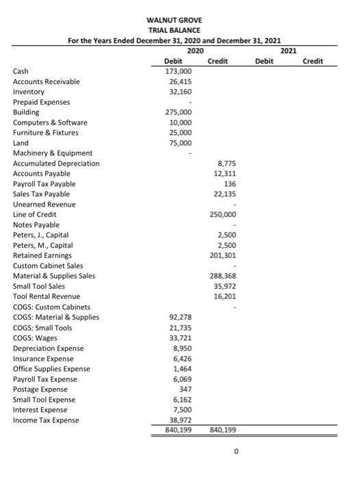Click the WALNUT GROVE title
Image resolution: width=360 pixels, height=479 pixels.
tap(179, 21)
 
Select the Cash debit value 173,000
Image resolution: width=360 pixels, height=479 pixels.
tap(179, 71)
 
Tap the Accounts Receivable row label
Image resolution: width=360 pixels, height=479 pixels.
tap(47, 81)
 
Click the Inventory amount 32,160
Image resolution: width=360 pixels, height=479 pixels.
tap(181, 92)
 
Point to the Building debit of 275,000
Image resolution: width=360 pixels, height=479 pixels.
tap(179, 112)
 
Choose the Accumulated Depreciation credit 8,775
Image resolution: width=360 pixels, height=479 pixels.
tap(227, 164)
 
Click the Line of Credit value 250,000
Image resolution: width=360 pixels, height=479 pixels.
tap(224, 215)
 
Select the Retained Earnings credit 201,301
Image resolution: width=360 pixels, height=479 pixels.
tap(224, 256)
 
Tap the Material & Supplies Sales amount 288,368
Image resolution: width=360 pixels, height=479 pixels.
tap(224, 276)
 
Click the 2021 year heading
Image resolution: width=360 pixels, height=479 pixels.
tap(289, 51)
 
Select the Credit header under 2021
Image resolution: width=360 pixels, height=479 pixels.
tap(311, 61)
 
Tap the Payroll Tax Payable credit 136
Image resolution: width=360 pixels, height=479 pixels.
tap(231, 184)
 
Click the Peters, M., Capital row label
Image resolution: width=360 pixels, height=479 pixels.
tap(43, 246)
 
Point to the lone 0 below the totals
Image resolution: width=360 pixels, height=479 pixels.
tap(235, 452)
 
